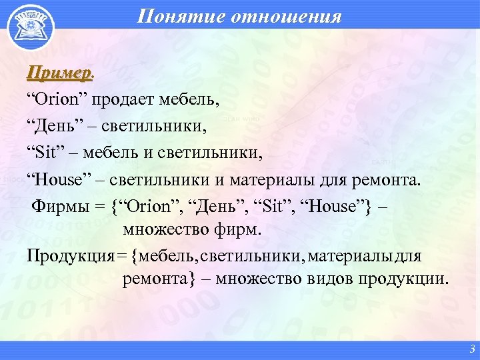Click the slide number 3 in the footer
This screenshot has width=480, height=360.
471,349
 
